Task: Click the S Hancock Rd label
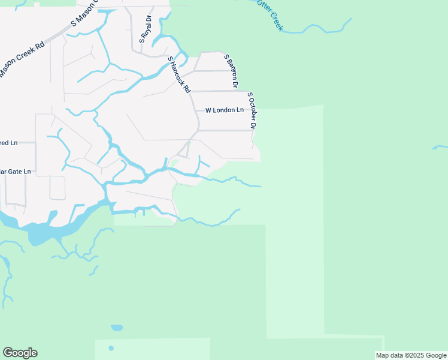tap(179, 75)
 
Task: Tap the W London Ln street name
tap(225, 110)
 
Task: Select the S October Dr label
tap(252, 110)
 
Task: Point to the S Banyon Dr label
tap(231, 67)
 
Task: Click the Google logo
tap(20, 353)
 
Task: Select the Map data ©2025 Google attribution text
tap(411, 356)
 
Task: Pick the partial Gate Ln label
tap(15, 172)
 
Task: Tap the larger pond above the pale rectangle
tap(117, 328)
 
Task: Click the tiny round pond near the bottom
tap(111, 348)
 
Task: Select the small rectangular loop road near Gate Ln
tap(57, 188)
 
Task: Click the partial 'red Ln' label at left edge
tap(9, 143)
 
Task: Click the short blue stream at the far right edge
tap(440, 146)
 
